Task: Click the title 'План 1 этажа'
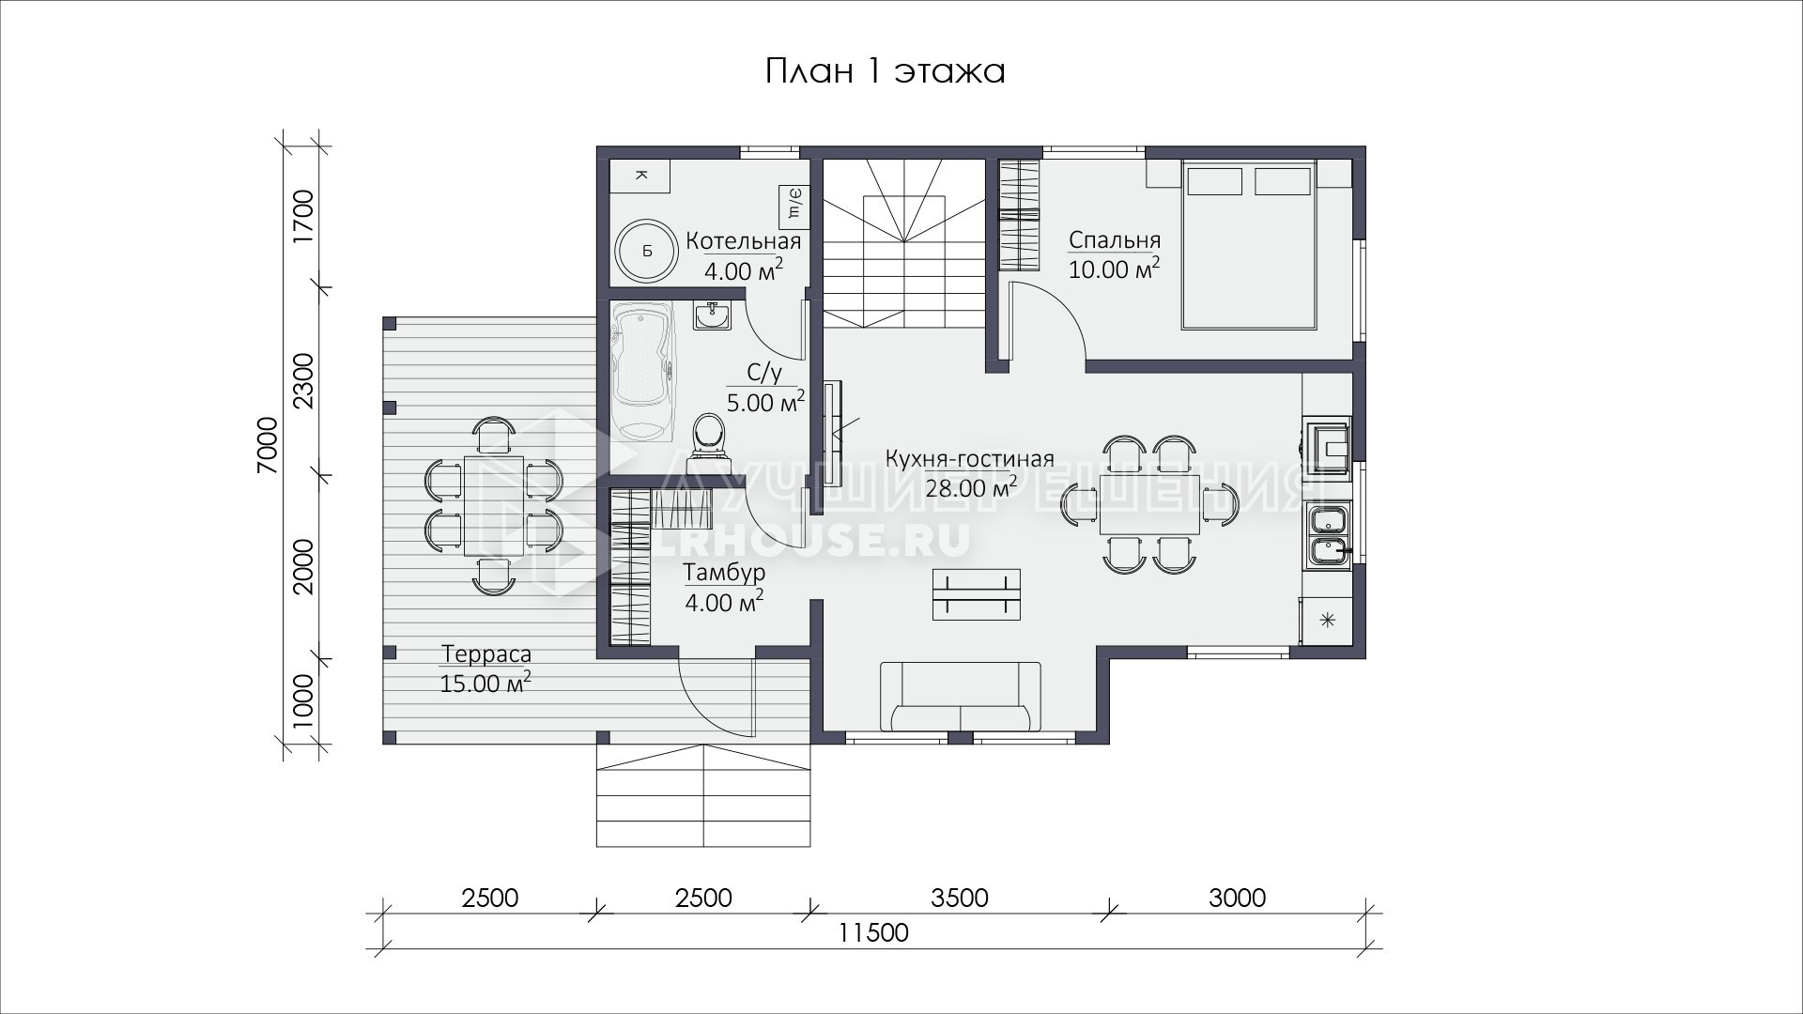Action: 885,71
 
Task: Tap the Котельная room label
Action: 743,241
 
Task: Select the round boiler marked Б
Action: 646,252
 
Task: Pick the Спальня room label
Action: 1115,240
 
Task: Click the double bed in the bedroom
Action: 1249,244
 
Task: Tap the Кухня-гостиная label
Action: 969,459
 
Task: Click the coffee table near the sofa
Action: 977,594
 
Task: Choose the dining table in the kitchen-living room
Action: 1150,504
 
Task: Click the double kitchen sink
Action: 1329,536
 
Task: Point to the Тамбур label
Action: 724,572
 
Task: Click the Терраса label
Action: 486,653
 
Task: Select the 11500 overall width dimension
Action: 873,932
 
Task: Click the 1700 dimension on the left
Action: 302,217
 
